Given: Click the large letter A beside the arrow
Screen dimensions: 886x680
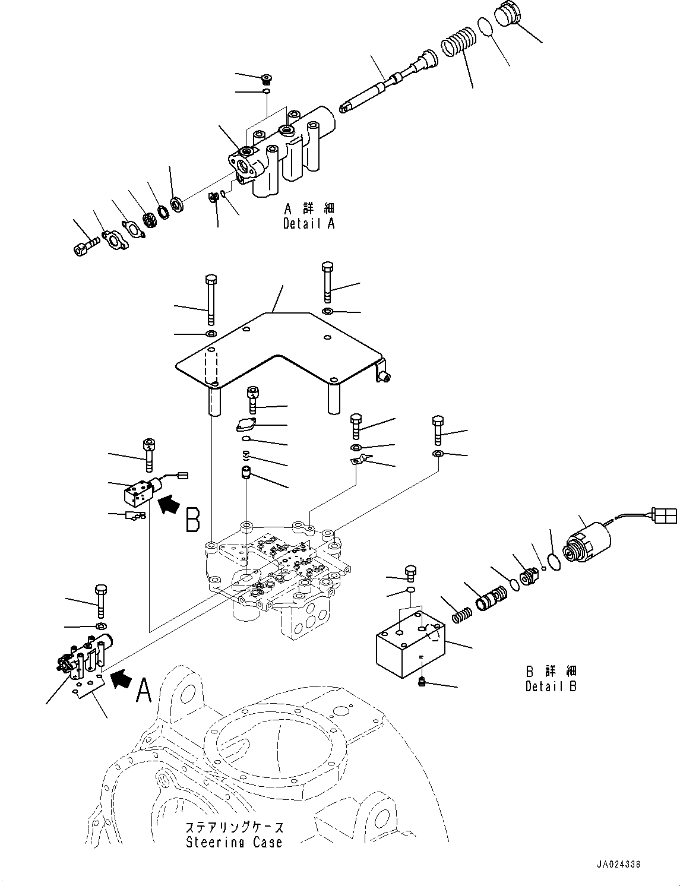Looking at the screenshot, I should [x=143, y=690].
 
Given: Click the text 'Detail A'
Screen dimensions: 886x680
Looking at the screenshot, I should [x=309, y=224].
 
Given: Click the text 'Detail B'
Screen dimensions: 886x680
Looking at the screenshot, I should [x=551, y=686].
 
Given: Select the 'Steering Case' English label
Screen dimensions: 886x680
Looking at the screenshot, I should [x=234, y=842].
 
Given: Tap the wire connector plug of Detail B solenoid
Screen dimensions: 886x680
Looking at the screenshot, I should [x=663, y=515].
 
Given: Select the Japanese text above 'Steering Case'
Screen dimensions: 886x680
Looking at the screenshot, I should [x=234, y=828].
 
